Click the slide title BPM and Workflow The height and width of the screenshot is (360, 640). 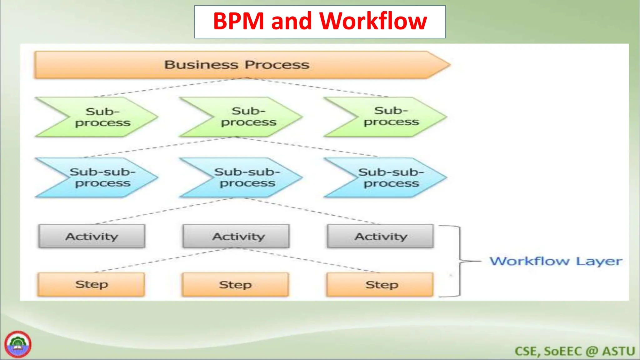(x=320, y=22)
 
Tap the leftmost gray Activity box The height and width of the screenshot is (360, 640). (x=92, y=236)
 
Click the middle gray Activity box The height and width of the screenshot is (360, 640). (x=237, y=236)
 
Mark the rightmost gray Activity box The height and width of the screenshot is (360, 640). (x=380, y=236)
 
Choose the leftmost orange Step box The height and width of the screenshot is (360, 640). (x=91, y=284)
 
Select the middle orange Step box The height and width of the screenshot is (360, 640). (x=236, y=285)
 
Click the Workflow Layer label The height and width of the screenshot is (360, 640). (x=556, y=261)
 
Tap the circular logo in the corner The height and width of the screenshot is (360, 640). (x=18, y=344)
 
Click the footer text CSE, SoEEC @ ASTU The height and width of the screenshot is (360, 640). (x=575, y=351)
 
